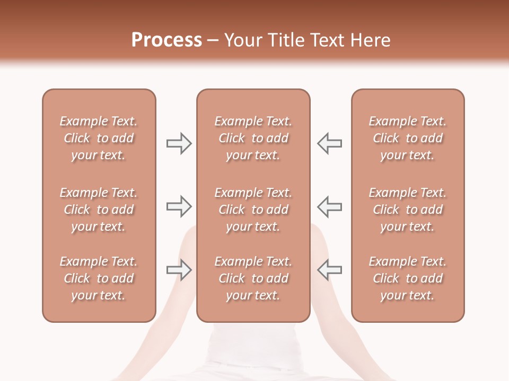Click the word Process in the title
[166, 40]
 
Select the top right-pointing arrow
[179, 143]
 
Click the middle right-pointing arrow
[179, 206]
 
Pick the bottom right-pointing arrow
[179, 270]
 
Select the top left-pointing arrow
[329, 143]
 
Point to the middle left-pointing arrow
[329, 206]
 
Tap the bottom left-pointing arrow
[329, 270]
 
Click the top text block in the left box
[99, 138]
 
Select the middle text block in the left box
[99, 210]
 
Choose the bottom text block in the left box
[99, 278]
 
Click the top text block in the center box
[253, 138]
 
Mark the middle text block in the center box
[253, 210]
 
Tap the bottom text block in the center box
[253, 278]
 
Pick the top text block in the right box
[407, 138]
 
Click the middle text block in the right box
[407, 210]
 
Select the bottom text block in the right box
[407, 278]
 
